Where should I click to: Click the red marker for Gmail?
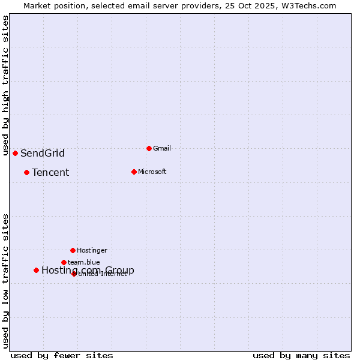tap(149, 148)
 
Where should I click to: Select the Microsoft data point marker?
tap(134, 172)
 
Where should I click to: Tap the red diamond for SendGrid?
tap(15, 153)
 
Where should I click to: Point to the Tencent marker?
tap(26, 172)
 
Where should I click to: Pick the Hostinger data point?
tap(73, 250)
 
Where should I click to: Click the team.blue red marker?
tap(64, 262)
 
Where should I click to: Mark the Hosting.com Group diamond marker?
tap(36, 270)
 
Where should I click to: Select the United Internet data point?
tap(74, 274)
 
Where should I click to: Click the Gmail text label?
tap(162, 148)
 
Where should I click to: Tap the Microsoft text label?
tap(152, 172)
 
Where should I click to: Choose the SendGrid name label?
tap(43, 153)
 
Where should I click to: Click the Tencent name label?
tap(50, 172)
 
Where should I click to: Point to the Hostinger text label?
tap(92, 250)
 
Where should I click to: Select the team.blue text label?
tap(84, 262)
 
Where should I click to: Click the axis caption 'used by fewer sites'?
tap(62, 355)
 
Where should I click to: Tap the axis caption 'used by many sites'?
tap(301, 355)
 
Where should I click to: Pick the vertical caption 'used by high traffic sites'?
tap(6, 85)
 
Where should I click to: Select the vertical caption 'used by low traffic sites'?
tap(6, 281)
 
